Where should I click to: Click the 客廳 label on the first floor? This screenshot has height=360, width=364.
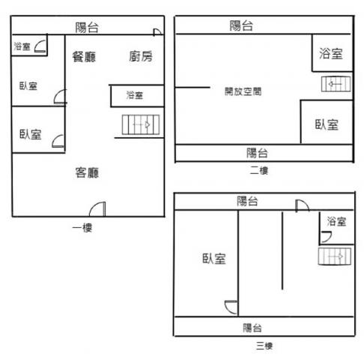coord(87,172)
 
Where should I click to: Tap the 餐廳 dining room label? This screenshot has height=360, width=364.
coord(84,57)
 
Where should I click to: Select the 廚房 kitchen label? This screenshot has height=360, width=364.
coord(141,56)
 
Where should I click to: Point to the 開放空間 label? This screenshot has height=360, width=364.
coord(243,91)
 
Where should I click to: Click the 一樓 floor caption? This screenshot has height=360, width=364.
coord(82,228)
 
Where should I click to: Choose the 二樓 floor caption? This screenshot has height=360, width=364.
coord(259,171)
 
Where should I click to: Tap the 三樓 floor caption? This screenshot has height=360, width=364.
coord(264,346)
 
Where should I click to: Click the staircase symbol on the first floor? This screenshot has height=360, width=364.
coord(141,124)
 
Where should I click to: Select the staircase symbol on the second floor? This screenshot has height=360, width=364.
coord(336,84)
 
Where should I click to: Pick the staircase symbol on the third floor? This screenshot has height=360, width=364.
coord(335,256)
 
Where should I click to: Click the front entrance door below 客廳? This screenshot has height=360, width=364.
coord(97,209)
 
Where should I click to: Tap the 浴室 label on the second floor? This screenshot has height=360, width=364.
coord(331,53)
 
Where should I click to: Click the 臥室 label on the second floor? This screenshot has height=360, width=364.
coord(327,124)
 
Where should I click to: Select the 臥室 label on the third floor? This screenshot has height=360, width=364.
coord(214,259)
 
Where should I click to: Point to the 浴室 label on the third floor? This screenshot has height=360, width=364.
coord(336,221)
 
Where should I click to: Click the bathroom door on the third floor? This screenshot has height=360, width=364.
coord(326,237)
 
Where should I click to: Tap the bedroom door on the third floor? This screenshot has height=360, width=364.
coord(231,307)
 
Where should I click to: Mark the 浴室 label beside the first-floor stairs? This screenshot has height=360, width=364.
coord(135,95)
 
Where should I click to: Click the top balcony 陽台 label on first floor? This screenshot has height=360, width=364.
coord(87,27)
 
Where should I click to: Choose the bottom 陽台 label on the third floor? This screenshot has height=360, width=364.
coord(252,328)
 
